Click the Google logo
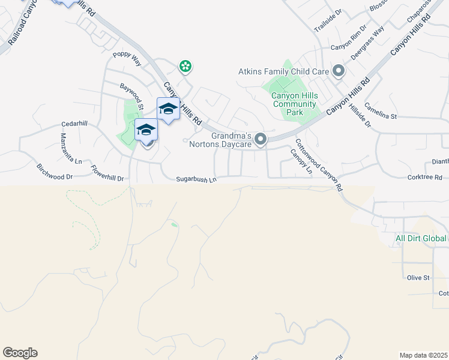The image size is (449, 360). click(x=20, y=353)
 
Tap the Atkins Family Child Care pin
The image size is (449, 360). click(x=339, y=71)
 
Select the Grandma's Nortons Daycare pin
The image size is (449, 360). click(x=261, y=139)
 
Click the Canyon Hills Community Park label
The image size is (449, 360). click(x=294, y=104)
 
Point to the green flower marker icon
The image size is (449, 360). click(x=186, y=65)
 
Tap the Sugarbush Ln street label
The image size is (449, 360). click(x=196, y=179)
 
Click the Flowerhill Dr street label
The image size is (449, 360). click(x=107, y=178)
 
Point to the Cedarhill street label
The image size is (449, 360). click(x=74, y=124)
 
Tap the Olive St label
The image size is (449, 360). click(x=419, y=278)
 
